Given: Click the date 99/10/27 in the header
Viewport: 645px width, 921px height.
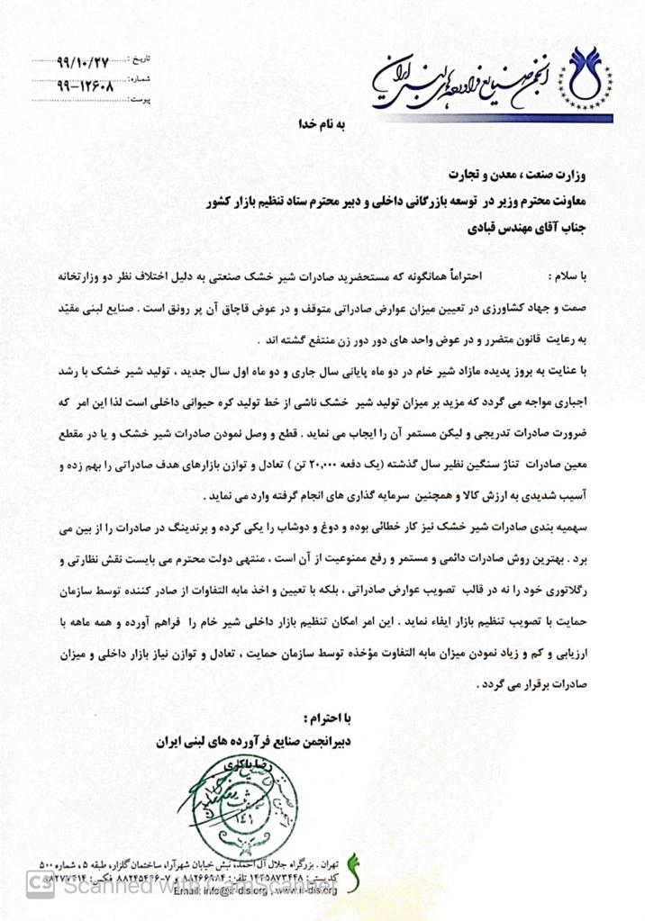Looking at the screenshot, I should click(x=82, y=61).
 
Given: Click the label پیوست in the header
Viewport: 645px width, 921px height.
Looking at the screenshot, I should click(x=142, y=100).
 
